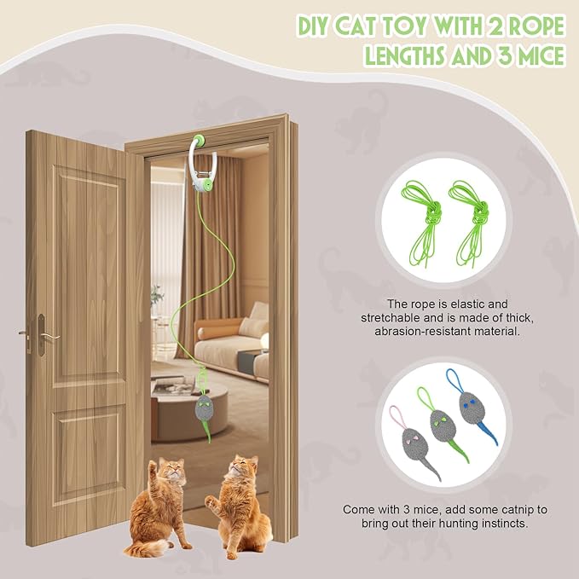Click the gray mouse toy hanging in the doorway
[205, 411]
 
